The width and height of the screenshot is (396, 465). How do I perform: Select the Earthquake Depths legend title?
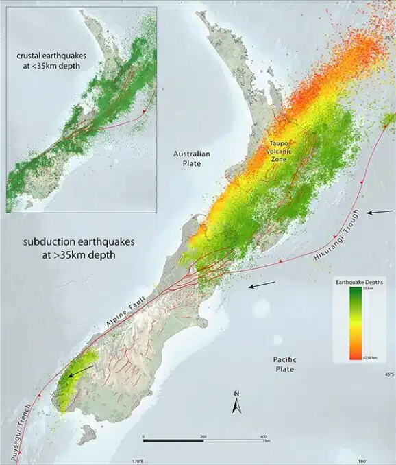(x=354, y=282)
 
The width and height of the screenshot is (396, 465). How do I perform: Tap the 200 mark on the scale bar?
(x=203, y=436)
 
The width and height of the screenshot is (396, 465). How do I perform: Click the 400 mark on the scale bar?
(x=263, y=436)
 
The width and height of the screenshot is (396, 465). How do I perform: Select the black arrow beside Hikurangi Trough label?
(x=379, y=213)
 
